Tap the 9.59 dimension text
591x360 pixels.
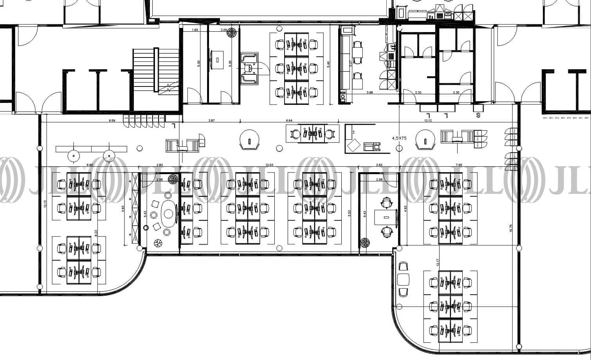(112, 121)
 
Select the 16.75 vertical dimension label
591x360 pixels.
(511, 228)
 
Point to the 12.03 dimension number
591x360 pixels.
(269, 165)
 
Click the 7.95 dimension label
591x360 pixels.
(459, 165)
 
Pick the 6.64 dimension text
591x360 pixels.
(289, 121)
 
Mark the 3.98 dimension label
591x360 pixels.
(369, 93)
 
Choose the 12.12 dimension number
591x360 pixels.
(428, 121)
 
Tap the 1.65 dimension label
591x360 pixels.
(195, 30)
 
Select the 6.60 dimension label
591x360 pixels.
(90, 165)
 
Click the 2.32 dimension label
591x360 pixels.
(418, 93)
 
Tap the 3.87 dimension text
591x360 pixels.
(211, 121)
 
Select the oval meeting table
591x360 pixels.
(168, 214)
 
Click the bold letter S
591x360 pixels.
(478, 115)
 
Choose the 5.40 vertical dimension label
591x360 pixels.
(328, 64)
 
